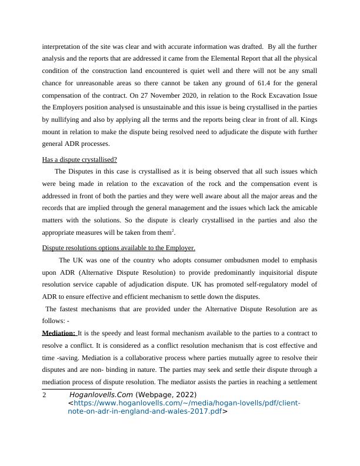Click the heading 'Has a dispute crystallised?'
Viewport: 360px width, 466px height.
pos(79,160)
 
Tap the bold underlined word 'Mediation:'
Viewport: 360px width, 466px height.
pos(59,334)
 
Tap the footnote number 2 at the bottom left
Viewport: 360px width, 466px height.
pos(45,395)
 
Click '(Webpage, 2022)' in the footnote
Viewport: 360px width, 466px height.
pos(166,395)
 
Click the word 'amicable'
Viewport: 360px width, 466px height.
pos(302,208)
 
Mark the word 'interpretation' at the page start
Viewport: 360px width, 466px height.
pos(62,44)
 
